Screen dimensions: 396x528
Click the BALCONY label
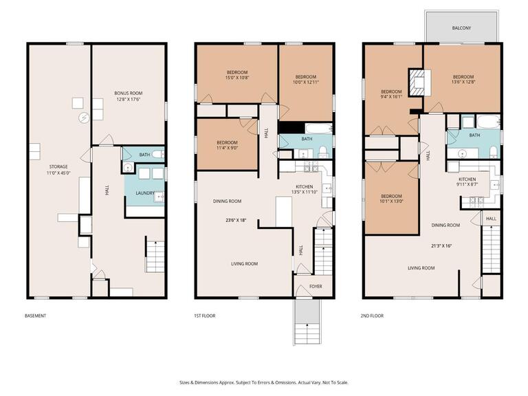click(x=461, y=28)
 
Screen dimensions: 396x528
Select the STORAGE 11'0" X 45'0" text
click(x=58, y=170)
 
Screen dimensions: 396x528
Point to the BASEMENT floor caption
click(x=36, y=316)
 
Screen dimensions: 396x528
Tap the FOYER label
click(x=315, y=286)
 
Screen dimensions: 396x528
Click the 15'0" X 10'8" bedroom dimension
click(x=237, y=78)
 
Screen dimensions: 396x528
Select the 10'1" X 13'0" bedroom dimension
click(x=390, y=201)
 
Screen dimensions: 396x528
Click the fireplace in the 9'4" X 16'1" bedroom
click(x=417, y=82)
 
